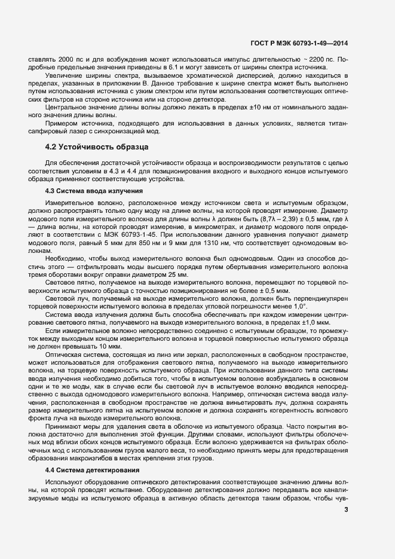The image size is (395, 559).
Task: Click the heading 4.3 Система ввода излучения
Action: (x=94, y=191)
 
